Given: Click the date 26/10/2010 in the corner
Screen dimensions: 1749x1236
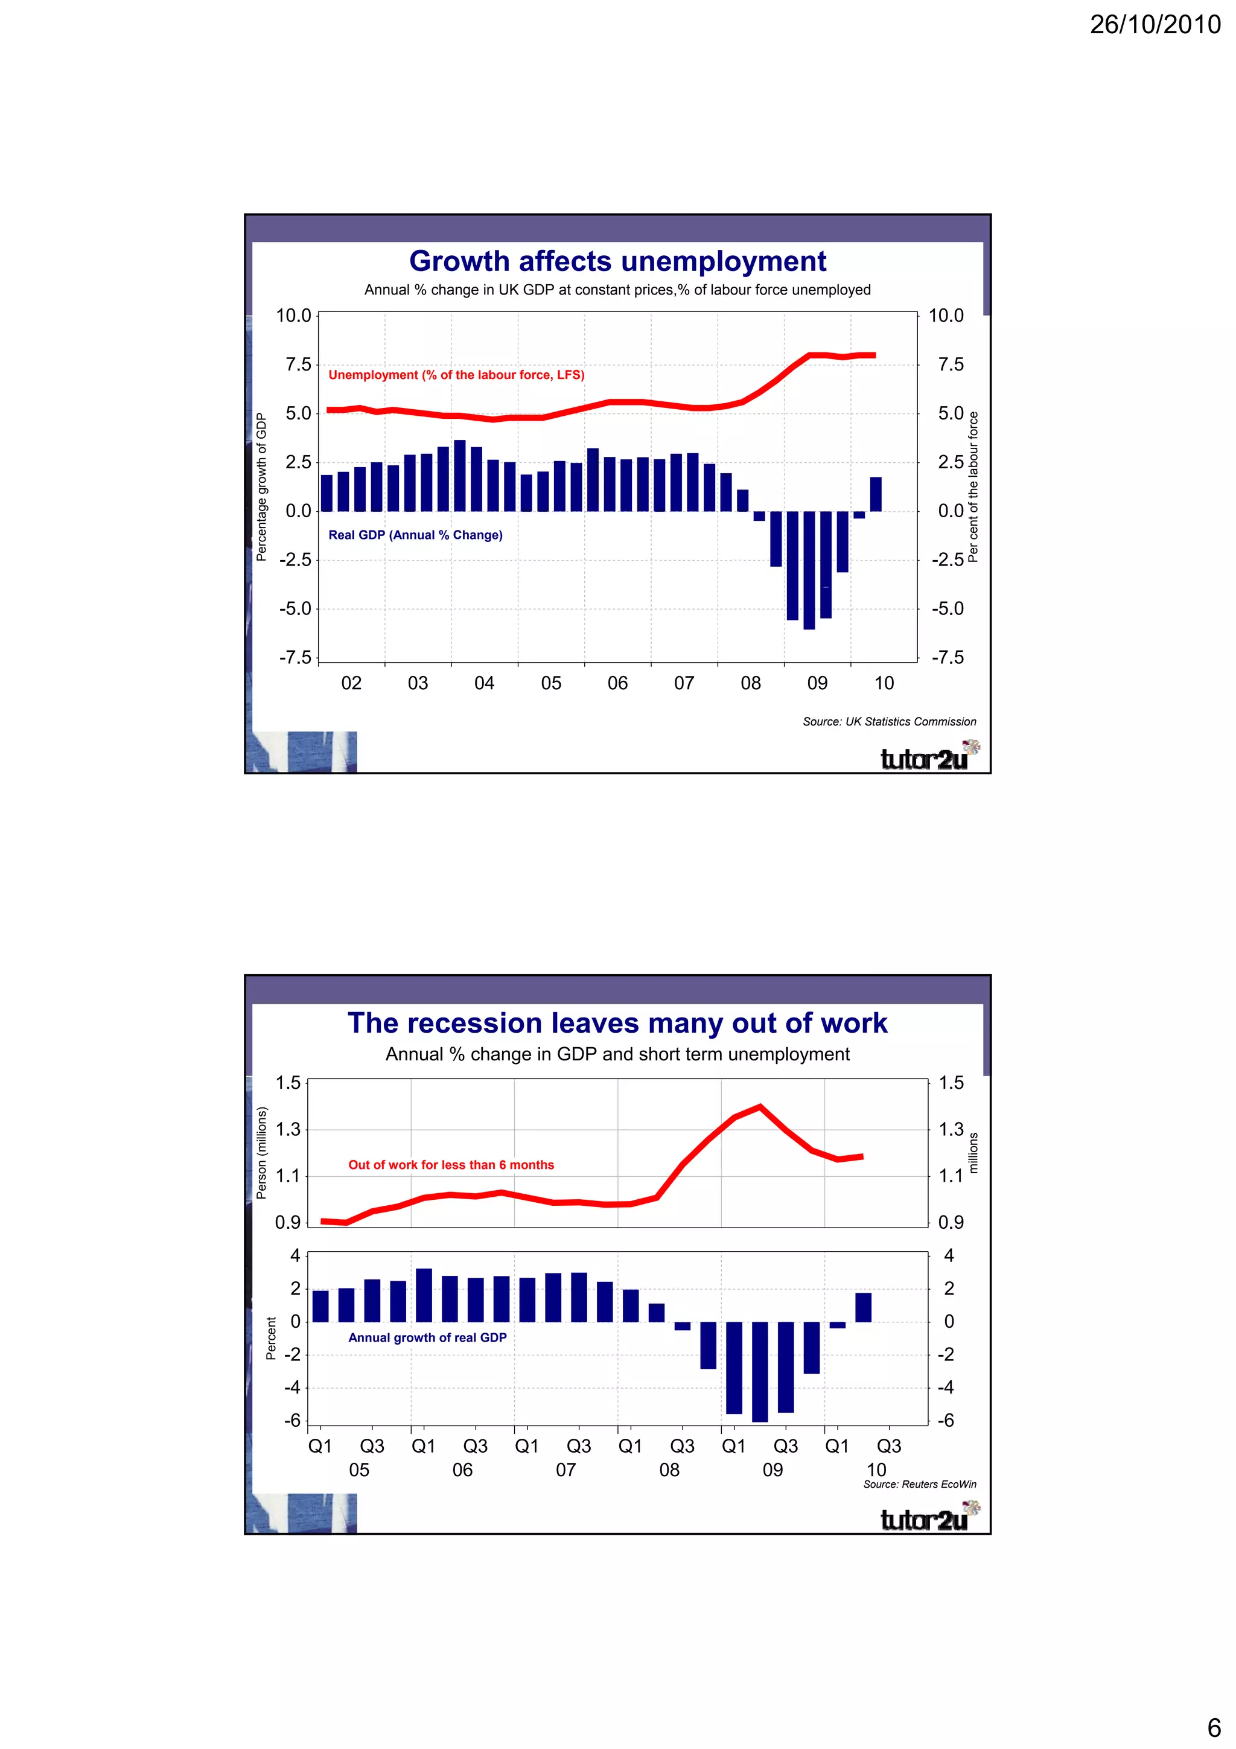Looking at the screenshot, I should pos(1155,25).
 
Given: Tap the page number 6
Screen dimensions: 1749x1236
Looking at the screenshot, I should pos(1214,1727).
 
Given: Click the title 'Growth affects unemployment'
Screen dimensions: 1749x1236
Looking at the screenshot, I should pos(617,261).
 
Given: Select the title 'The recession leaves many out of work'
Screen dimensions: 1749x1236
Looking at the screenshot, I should pos(617,1023).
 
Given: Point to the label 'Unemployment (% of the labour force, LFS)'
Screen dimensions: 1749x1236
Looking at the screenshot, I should pos(456,375).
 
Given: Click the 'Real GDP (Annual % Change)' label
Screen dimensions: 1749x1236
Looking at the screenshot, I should pos(415,535).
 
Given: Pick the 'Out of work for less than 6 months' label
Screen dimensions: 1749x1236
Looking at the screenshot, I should pos(451,1165).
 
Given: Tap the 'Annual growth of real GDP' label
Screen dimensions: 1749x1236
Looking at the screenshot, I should pos(427,1337).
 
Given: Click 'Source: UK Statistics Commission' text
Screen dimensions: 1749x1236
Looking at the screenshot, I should pos(889,721).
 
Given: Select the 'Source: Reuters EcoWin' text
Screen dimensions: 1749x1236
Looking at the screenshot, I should pos(919,1484).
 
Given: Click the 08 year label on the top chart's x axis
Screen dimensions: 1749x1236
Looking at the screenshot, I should pos(750,683).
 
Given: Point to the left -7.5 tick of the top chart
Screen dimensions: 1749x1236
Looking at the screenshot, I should pos(296,657).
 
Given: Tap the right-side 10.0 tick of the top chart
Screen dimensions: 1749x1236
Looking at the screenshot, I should pos(946,316).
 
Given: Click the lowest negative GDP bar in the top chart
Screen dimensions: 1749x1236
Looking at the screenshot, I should pos(809,572).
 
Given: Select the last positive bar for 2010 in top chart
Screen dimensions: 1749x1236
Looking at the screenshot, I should pos(876,494).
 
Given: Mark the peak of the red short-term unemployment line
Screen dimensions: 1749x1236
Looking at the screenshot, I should pos(760,1107).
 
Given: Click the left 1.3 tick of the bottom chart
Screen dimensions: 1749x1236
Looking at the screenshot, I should pos(288,1129).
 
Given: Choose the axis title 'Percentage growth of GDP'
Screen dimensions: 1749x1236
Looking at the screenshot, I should pos(261,488).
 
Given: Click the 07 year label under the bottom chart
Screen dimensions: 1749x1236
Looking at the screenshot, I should pos(566,1470).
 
